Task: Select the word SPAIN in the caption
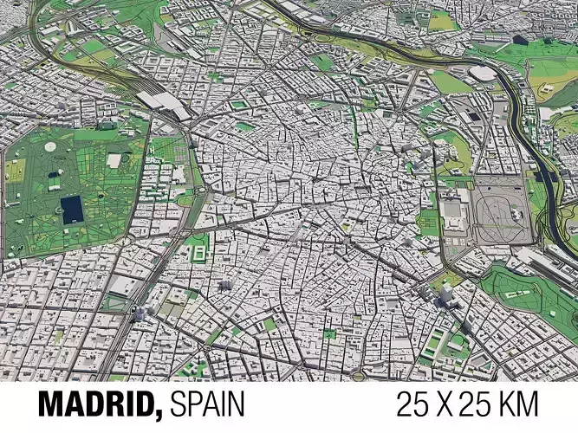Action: tap(207, 404)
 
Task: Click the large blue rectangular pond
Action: tap(70, 207)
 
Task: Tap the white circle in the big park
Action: tap(51, 148)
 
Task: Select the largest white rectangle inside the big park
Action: tap(114, 160)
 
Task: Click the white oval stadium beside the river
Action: tap(482, 74)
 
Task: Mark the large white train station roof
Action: tap(165, 102)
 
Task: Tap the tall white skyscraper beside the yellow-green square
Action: tap(445, 293)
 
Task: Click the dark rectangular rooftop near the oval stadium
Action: tap(473, 116)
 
